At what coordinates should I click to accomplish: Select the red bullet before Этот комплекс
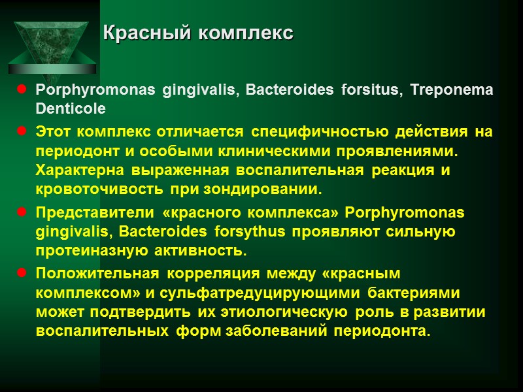click(22, 132)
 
